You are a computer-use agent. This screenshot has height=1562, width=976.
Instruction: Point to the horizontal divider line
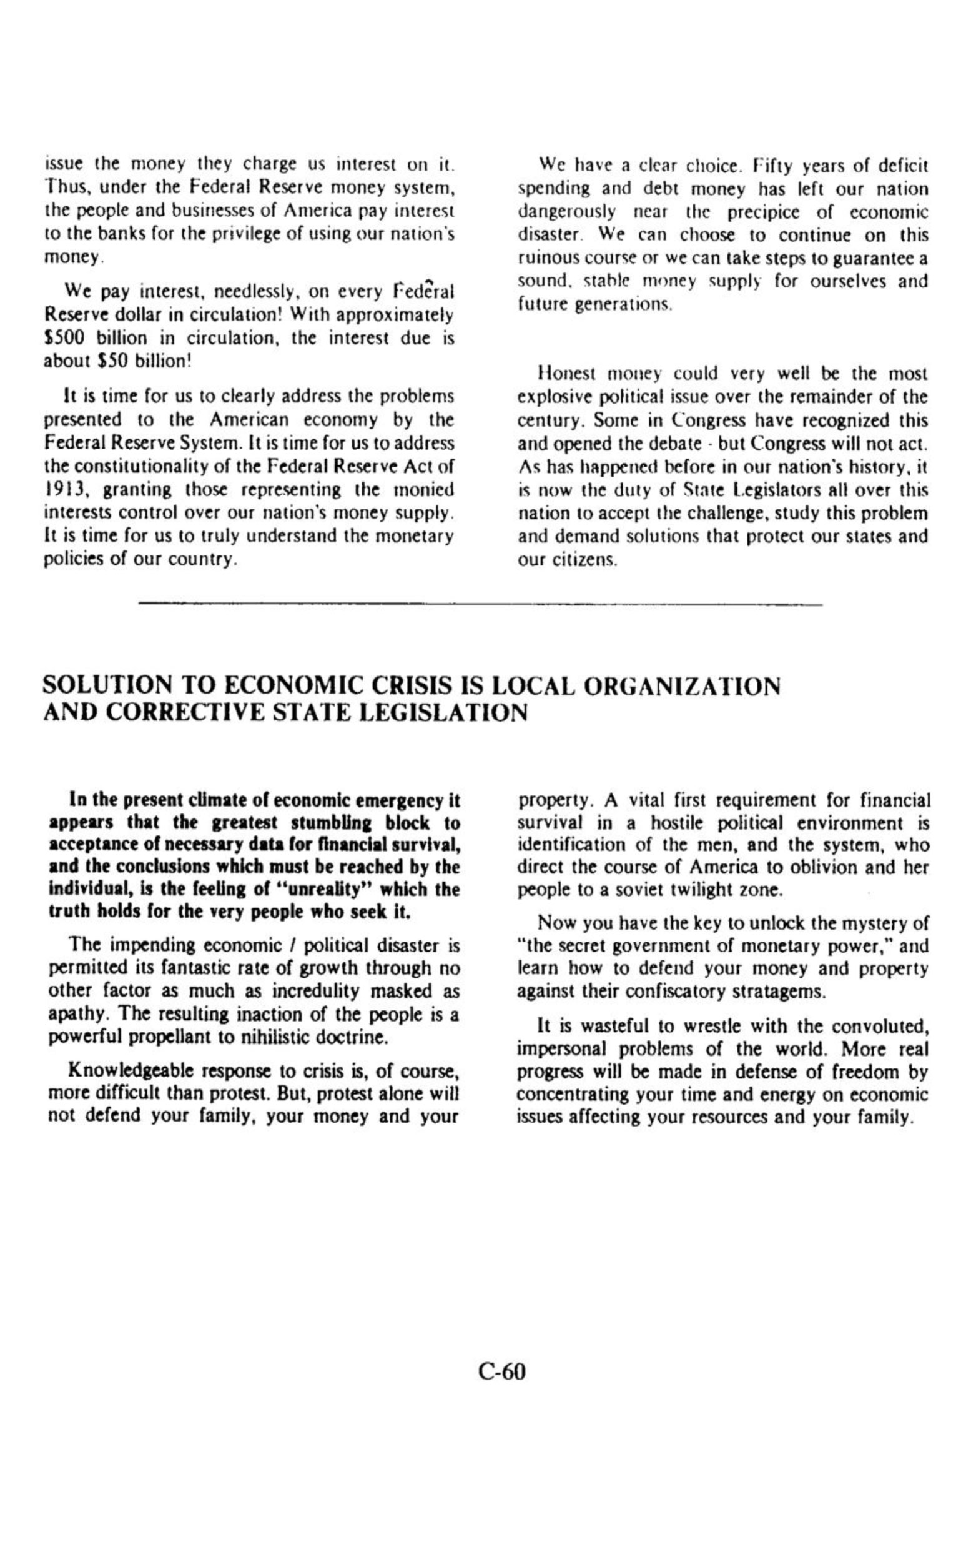tap(481, 605)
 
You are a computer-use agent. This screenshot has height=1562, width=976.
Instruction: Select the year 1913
tap(64, 490)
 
